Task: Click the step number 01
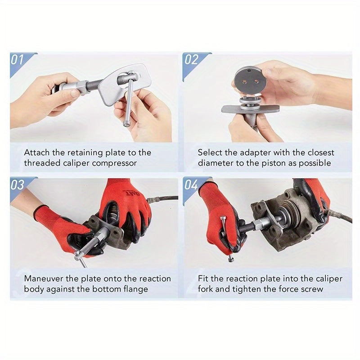[17, 60]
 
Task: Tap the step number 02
[191, 59]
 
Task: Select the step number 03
[17, 184]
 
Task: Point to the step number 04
[191, 184]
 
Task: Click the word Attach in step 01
[37, 153]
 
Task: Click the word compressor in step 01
[114, 163]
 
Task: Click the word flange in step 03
[136, 289]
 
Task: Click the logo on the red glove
[131, 193]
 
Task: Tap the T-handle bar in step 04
[227, 238]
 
